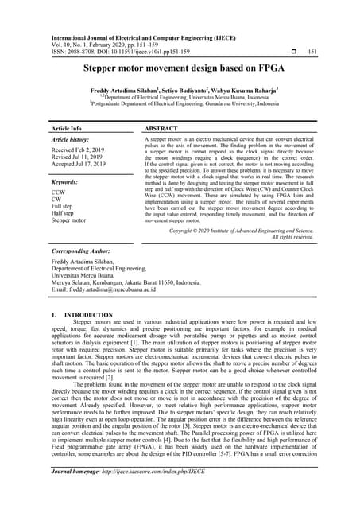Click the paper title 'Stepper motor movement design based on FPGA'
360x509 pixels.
click(179, 69)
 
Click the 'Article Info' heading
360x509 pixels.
click(66, 128)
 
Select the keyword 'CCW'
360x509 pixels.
click(60, 192)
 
